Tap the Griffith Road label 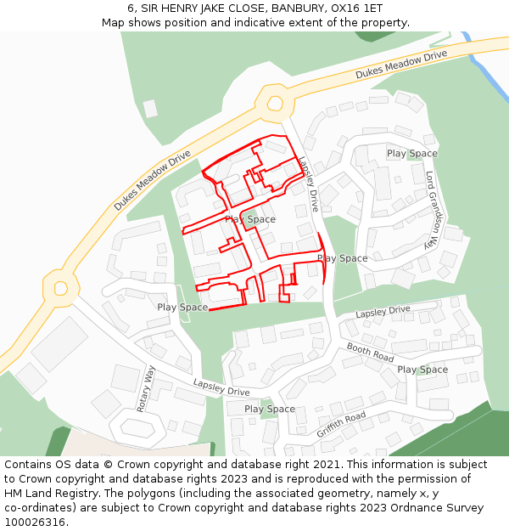(341, 424)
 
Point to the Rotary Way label (146, 389)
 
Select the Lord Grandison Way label (433, 209)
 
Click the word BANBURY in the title (299, 8)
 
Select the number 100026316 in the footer (35, 522)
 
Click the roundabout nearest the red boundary (274, 103)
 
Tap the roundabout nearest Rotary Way (60, 288)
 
